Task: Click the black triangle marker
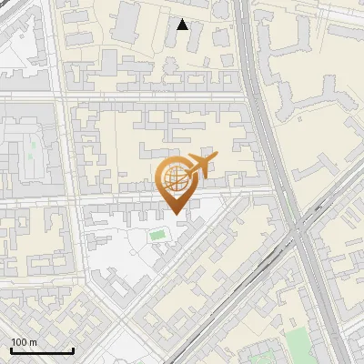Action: [x=183, y=25]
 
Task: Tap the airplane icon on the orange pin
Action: [x=201, y=165]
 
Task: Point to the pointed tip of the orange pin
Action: [x=175, y=213]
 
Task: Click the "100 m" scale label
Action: [x=23, y=342]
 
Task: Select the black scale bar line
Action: [x=42, y=350]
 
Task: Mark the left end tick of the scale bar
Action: [x=11, y=349]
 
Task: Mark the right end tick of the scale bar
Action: [x=73, y=349]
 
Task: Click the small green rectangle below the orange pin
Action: [x=158, y=236]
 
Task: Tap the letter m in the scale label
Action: [x=32, y=342]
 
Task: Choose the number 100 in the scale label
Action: [x=18, y=342]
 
